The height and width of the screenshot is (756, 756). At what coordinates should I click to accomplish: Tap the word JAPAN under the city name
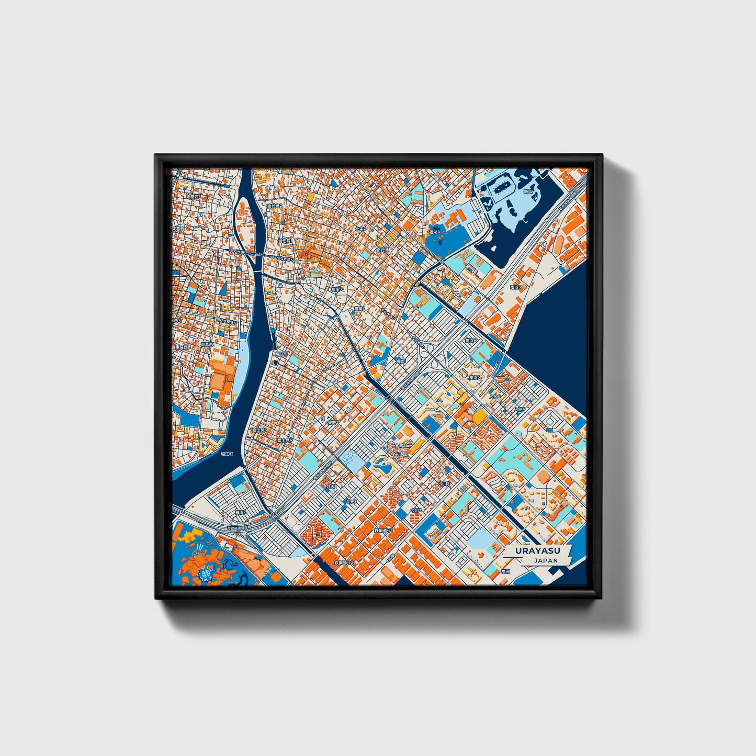click(x=546, y=560)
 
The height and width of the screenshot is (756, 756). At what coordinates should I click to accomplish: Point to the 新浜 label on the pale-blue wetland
click(x=528, y=192)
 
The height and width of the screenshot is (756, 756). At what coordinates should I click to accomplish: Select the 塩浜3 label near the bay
click(x=516, y=287)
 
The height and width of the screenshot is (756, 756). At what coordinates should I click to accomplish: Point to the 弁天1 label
click(x=331, y=486)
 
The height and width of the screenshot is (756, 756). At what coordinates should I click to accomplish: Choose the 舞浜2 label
click(x=240, y=512)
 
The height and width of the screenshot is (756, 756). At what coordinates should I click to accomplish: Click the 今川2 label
click(x=444, y=484)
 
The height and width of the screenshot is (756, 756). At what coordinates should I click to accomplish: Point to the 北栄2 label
click(x=359, y=229)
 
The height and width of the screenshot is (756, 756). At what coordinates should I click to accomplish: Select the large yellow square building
click(x=479, y=417)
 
